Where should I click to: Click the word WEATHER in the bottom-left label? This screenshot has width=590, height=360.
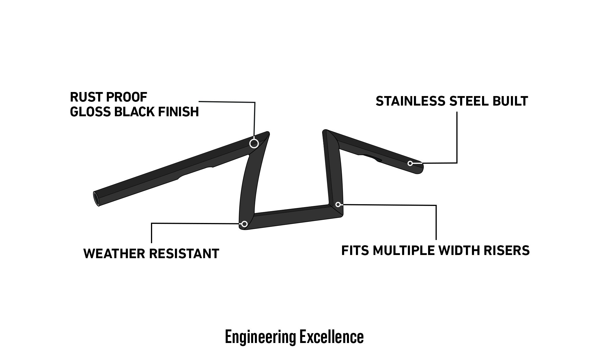(x=114, y=254)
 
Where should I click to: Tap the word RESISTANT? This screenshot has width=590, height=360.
(x=184, y=254)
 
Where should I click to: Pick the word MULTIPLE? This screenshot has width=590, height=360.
(x=404, y=250)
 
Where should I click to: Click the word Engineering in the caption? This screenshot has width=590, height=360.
(x=260, y=337)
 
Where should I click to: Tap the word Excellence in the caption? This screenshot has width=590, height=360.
(x=331, y=337)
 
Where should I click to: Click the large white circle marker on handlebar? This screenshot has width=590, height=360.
(x=254, y=143)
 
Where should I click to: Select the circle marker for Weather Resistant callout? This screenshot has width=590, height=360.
(x=244, y=224)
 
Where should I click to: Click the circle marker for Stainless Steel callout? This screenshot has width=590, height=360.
(x=410, y=164)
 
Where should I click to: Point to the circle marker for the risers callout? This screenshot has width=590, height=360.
(x=338, y=205)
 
